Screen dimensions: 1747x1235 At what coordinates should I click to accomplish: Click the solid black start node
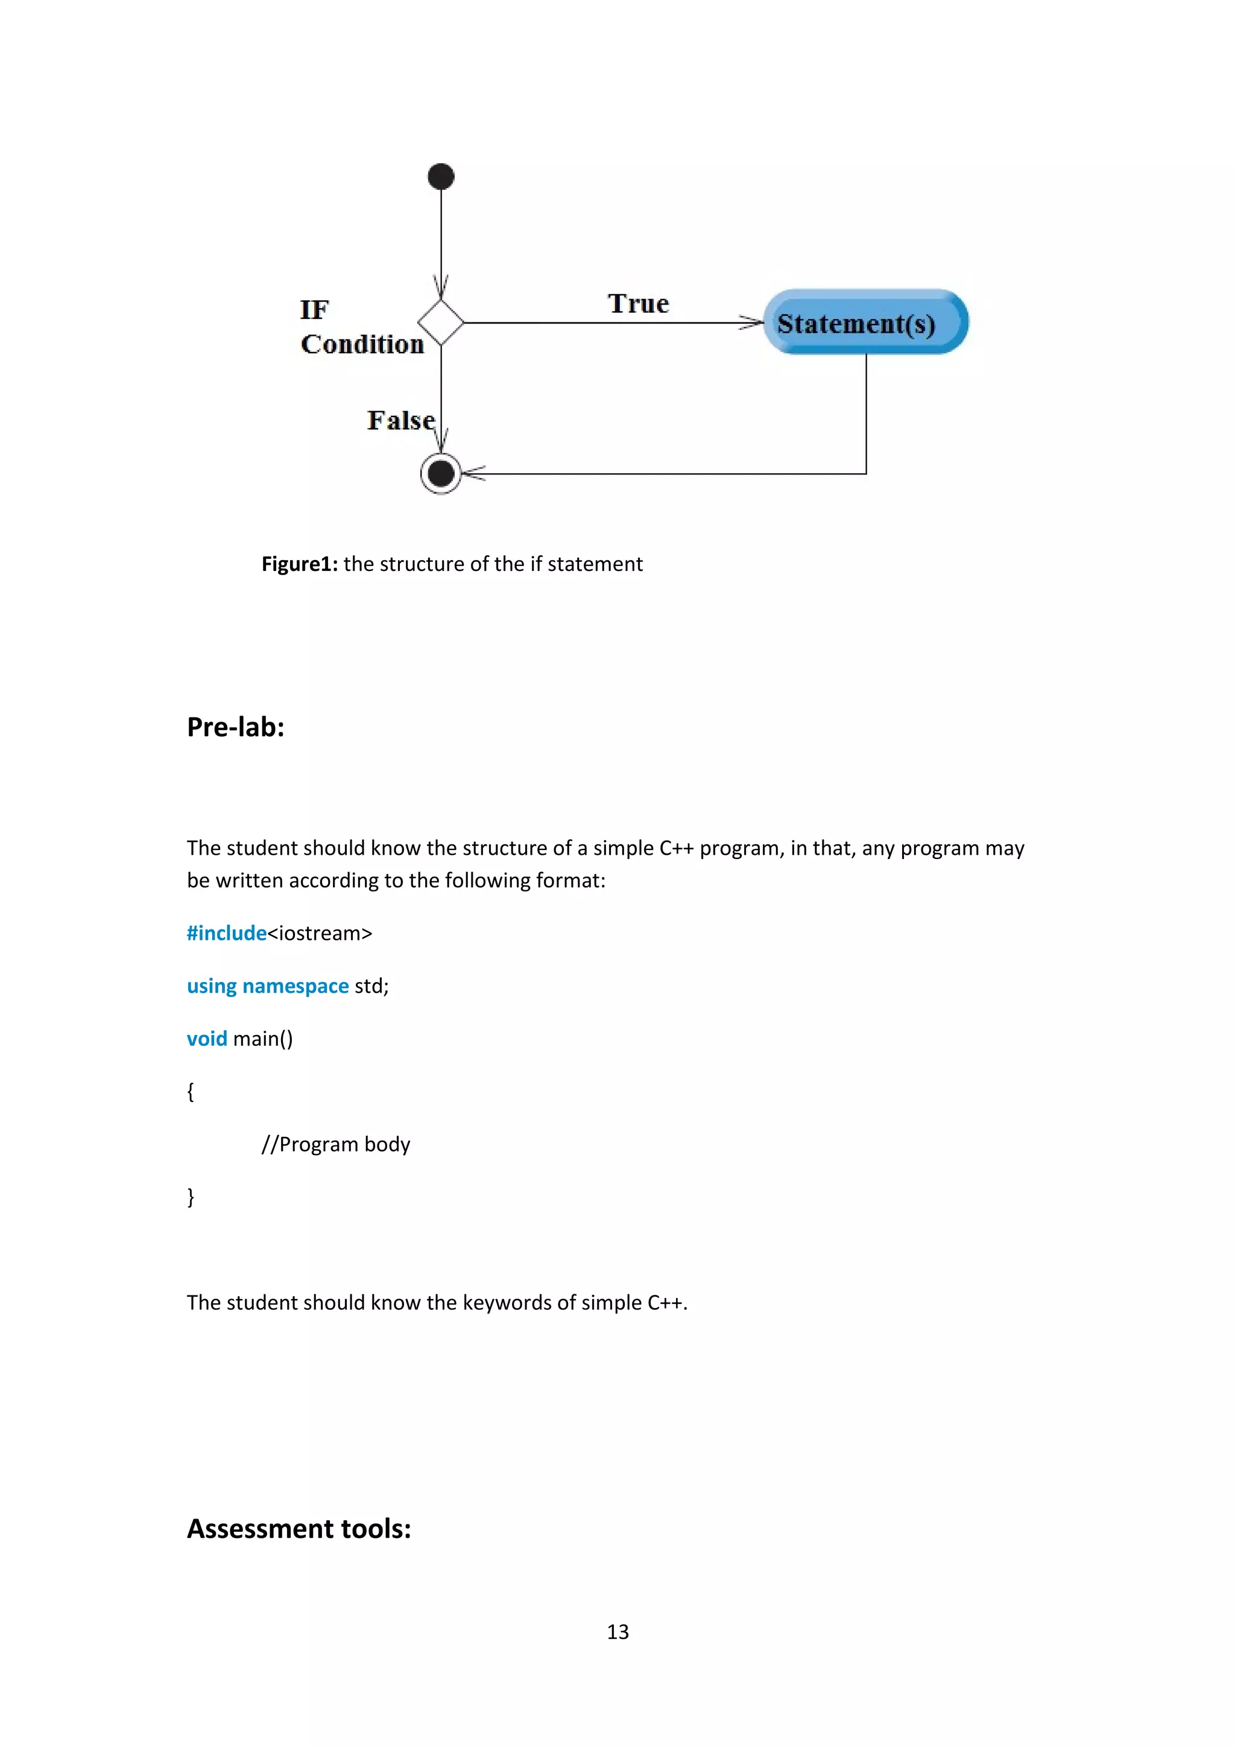point(441,177)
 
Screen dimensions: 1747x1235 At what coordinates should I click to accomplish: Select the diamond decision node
point(441,323)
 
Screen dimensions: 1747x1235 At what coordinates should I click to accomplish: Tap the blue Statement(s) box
point(865,322)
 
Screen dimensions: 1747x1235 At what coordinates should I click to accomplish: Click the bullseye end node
point(441,473)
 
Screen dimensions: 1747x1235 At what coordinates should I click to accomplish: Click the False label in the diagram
point(400,420)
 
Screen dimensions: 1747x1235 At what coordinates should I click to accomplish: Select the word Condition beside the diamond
point(362,344)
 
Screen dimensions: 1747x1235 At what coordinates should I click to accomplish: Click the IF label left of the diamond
point(314,310)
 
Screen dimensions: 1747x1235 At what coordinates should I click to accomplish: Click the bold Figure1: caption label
point(299,564)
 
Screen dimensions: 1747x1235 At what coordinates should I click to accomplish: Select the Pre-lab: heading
point(235,726)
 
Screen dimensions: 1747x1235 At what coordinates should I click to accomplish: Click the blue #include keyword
point(226,933)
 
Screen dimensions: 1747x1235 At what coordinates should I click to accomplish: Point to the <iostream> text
point(320,933)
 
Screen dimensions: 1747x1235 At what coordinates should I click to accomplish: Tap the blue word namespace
point(295,986)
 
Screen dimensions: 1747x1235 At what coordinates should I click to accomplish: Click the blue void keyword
point(206,1039)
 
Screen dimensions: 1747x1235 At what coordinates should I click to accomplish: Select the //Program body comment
point(335,1144)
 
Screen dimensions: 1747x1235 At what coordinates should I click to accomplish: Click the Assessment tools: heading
point(299,1529)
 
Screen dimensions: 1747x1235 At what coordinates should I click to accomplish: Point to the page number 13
point(617,1631)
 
